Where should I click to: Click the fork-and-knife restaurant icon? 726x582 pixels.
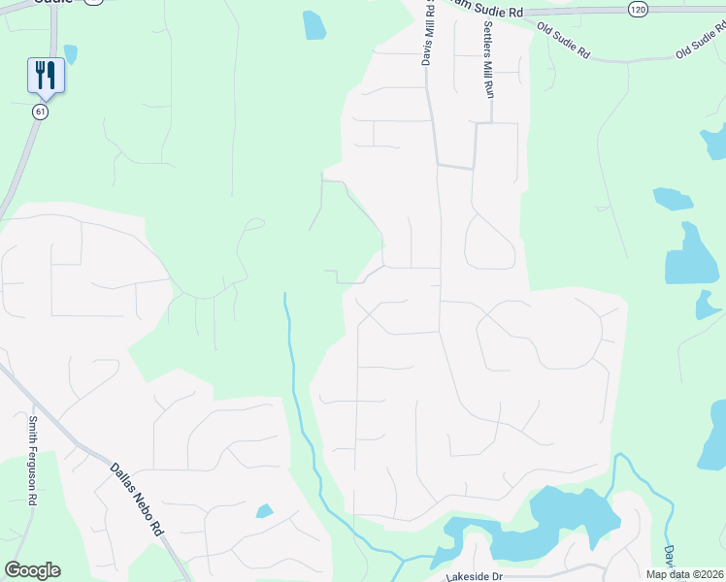pos(46,74)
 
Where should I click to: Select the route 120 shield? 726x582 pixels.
pos(637,9)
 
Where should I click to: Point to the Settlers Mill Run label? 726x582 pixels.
pos(488,58)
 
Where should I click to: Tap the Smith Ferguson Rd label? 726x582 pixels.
pos(32,461)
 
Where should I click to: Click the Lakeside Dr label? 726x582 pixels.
pos(474,576)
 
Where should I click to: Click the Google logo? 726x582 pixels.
pos(32,570)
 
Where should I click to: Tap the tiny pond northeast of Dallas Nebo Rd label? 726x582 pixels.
pos(264,511)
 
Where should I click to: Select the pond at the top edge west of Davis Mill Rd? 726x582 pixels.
pos(314,25)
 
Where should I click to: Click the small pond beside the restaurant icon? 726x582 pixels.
pos(70,53)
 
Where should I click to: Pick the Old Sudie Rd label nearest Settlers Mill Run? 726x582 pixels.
pos(564,43)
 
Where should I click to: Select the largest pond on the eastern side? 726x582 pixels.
pos(689,257)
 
